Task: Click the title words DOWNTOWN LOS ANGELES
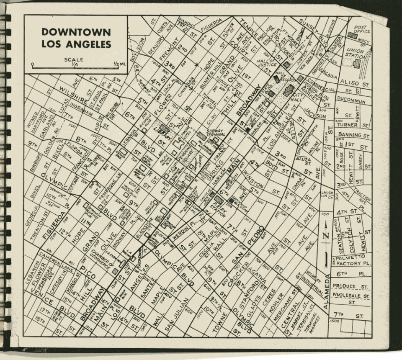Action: pos(76,38)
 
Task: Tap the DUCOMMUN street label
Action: pos(351,101)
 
